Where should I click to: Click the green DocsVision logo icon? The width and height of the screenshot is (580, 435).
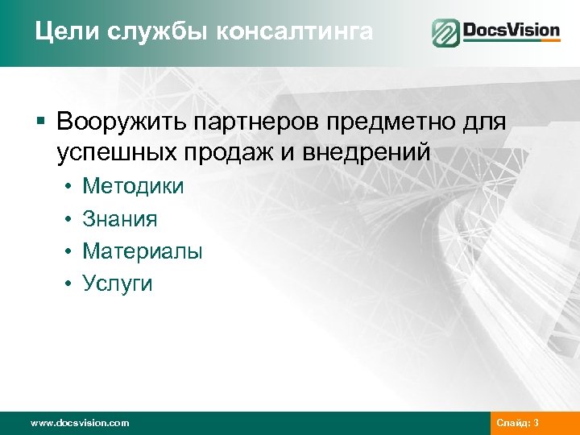click(445, 33)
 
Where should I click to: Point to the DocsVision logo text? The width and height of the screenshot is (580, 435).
click(511, 31)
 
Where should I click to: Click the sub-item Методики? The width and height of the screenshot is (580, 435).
click(133, 187)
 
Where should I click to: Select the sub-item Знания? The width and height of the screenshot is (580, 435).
click(120, 219)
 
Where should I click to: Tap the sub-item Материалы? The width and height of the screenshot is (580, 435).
click(143, 251)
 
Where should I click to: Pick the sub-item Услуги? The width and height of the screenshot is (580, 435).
click(118, 284)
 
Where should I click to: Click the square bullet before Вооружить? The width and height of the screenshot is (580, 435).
click(40, 122)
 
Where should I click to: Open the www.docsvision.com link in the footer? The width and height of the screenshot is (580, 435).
click(79, 423)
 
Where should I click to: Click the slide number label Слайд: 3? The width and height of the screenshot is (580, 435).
click(519, 423)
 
